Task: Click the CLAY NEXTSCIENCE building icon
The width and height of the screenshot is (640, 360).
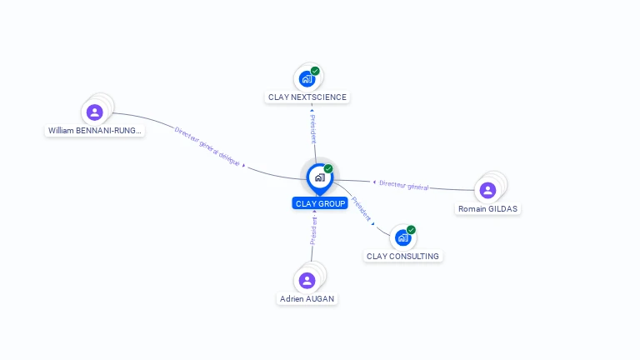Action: coord(307,79)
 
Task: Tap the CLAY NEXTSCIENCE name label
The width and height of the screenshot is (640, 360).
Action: coord(307,97)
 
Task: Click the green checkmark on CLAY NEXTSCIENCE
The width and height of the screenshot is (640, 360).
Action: coord(315,71)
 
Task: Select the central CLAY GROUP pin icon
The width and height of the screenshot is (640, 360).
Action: coord(319,177)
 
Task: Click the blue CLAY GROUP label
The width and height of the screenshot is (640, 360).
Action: coord(320,203)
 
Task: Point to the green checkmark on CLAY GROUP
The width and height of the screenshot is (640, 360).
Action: coord(328,168)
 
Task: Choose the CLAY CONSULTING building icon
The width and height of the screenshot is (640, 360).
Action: coord(402,237)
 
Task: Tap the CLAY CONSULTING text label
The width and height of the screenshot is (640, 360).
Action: coord(402,256)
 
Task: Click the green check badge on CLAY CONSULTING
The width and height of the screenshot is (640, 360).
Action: coord(411,230)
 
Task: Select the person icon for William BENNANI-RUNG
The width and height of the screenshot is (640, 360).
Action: coord(94,112)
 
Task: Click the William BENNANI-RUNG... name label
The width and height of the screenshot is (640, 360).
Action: coord(95,131)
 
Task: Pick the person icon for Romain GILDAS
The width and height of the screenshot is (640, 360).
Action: coord(487,190)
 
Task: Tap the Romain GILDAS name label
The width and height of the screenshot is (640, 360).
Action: coord(488,208)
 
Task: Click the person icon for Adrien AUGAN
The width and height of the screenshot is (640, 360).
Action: coord(307,280)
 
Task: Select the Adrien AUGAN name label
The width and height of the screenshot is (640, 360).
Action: coord(307,298)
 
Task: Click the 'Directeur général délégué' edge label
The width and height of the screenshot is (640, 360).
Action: coord(207,144)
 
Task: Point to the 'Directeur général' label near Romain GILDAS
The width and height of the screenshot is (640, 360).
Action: coord(403,185)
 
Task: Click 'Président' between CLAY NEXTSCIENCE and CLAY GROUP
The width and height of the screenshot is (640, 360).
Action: coord(312,129)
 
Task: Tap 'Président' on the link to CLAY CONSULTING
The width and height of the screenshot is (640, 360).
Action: coord(361,207)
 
